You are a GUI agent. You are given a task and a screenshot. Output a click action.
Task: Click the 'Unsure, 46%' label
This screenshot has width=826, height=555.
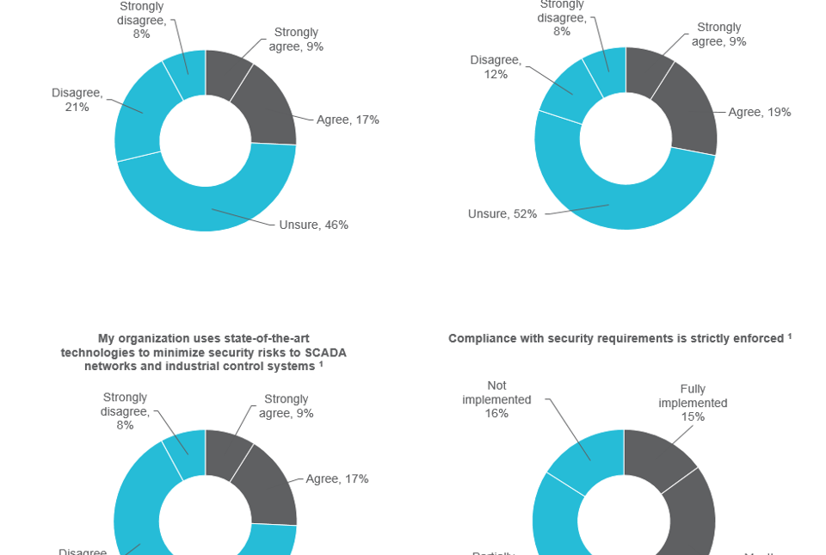tap(313, 225)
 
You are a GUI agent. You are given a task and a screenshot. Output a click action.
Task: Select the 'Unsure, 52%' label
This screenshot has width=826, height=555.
tap(502, 213)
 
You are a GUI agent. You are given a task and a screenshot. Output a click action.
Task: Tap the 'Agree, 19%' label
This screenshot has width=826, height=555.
tap(759, 113)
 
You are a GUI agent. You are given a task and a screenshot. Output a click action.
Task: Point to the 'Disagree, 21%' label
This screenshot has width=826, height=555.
tap(77, 100)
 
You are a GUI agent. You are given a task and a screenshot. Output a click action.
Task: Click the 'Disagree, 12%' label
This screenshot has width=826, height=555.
tap(496, 67)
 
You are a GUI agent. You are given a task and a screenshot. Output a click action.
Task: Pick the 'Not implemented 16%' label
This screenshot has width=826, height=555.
tap(496, 399)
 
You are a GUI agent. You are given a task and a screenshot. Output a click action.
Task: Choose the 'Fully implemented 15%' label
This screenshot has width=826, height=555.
tap(693, 403)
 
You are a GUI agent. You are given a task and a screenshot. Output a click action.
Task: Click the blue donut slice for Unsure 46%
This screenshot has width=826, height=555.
tap(206, 207)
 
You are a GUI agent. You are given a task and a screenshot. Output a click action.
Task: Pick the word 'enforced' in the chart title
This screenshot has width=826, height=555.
tap(757, 339)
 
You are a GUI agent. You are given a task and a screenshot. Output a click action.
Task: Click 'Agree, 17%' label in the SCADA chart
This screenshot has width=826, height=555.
tap(336, 479)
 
